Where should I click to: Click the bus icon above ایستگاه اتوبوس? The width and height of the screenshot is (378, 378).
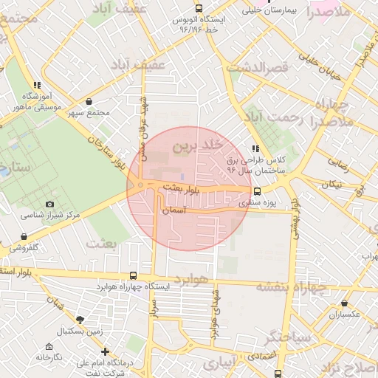[x=197, y=9]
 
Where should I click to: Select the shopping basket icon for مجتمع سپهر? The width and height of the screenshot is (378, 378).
[x=89, y=101]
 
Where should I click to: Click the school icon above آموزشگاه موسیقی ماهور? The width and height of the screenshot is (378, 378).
[x=37, y=85]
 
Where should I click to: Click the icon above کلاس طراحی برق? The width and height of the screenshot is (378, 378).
[x=255, y=148]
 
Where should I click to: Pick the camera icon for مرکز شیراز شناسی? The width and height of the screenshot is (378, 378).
[x=49, y=204]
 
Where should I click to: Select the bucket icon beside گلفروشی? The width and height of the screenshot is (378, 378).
[x=24, y=237]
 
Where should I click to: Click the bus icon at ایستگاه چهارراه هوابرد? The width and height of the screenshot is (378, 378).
[x=133, y=274]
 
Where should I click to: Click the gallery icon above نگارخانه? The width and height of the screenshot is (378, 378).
[x=49, y=346]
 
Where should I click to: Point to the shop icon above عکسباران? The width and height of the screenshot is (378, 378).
[x=345, y=303]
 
